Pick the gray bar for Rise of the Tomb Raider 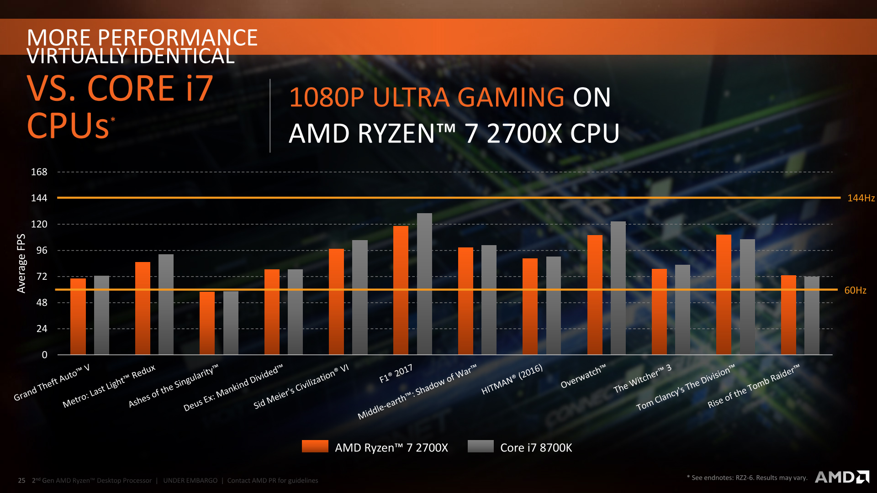812,315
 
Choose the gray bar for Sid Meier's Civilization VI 359,297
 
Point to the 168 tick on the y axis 39,172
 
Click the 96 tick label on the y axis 42,250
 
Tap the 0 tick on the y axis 44,355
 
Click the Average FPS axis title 21,263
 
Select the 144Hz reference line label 861,198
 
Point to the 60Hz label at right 855,290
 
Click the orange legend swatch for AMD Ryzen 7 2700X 315,446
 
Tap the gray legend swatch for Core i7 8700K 481,446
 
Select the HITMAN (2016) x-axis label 512,379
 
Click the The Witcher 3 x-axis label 642,378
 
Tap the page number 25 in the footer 21,480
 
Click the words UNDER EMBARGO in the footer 190,480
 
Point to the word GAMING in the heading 511,97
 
